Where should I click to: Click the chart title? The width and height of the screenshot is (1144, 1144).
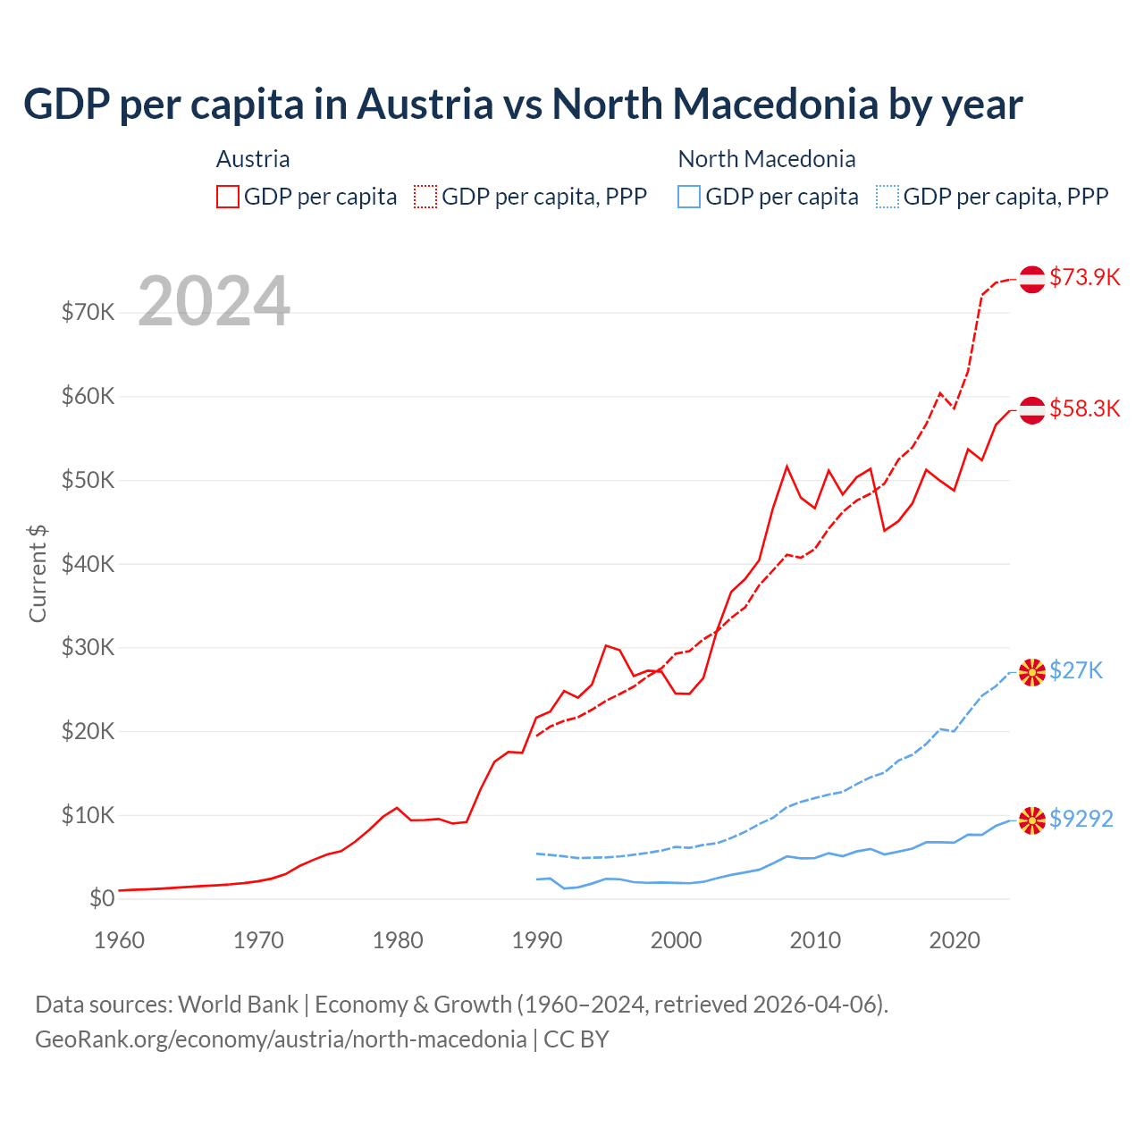pyautogui.click(x=523, y=105)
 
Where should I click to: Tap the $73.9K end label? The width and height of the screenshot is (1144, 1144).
pyautogui.click(x=1084, y=277)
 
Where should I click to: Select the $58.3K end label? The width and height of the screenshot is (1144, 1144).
pyautogui.click(x=1084, y=408)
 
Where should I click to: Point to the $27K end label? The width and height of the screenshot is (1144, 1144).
pyautogui.click(x=1076, y=670)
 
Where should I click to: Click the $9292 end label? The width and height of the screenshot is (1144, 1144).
pyautogui.click(x=1081, y=819)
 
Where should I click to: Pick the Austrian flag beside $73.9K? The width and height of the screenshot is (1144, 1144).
pyautogui.click(x=1032, y=279)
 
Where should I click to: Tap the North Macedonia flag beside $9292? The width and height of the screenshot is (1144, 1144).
pyautogui.click(x=1032, y=820)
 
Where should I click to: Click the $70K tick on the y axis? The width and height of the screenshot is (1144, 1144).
pyautogui.click(x=88, y=313)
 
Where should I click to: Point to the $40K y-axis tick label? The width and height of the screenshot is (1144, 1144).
pyautogui.click(x=88, y=564)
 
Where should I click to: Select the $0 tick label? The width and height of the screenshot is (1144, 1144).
pyautogui.click(x=102, y=899)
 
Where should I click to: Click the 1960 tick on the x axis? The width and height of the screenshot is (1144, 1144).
pyautogui.click(x=119, y=940)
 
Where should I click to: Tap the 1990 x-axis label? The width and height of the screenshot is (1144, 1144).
pyautogui.click(x=537, y=940)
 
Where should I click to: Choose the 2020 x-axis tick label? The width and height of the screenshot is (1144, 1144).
pyautogui.click(x=955, y=940)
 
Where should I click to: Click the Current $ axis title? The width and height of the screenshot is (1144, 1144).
pyautogui.click(x=38, y=573)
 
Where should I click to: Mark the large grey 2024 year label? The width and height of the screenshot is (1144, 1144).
pyautogui.click(x=214, y=301)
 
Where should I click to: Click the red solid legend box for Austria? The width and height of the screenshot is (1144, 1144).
pyautogui.click(x=228, y=197)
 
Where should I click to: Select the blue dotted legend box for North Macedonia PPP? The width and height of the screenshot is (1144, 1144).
pyautogui.click(x=887, y=197)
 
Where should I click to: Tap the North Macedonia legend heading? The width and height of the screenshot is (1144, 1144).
pyautogui.click(x=767, y=159)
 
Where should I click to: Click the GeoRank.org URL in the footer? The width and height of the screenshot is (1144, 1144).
pyautogui.click(x=281, y=1039)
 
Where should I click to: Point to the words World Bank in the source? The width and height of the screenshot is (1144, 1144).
pyautogui.click(x=239, y=1005)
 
